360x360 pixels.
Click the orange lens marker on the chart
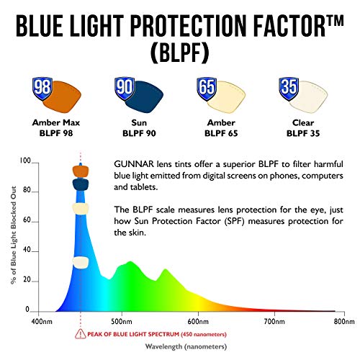(x=80, y=171)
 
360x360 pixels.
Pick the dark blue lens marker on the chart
(x=80, y=185)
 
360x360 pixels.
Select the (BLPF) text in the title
(x=180, y=53)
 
